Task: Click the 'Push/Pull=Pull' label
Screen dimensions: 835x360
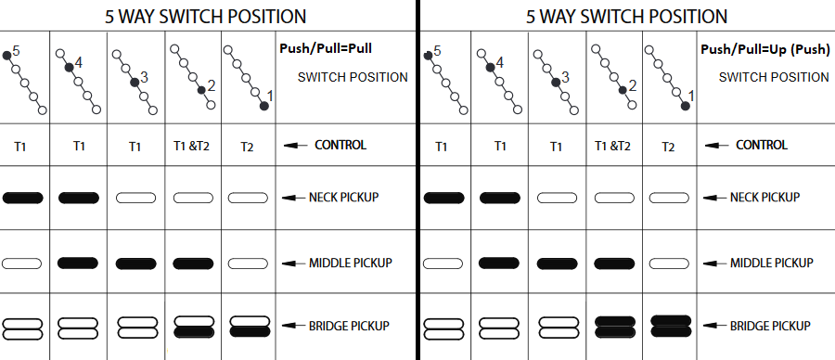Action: [326, 48]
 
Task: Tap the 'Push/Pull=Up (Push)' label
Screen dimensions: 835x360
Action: [765, 49]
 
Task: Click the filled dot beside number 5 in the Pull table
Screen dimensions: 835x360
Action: [6, 56]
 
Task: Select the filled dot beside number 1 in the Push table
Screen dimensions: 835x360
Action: [686, 106]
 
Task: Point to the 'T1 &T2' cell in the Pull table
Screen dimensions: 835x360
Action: [191, 146]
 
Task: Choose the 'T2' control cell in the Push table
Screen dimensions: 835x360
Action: [668, 147]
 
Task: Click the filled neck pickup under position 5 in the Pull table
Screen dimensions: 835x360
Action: [23, 199]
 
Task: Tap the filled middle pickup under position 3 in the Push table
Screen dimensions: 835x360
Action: [557, 264]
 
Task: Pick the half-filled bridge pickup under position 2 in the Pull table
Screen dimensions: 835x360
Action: [195, 327]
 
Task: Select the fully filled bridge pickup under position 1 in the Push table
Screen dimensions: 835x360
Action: [671, 326]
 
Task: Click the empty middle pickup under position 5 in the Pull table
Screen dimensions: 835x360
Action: [22, 264]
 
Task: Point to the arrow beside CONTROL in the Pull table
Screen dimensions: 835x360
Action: [296, 146]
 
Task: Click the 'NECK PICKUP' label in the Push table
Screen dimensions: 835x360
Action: [764, 197]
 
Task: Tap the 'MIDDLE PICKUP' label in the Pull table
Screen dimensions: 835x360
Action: [351, 263]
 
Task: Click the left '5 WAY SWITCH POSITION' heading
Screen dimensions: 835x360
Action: [206, 17]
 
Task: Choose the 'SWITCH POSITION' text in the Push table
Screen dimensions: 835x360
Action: [774, 77]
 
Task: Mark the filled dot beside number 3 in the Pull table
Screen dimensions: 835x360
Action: [135, 82]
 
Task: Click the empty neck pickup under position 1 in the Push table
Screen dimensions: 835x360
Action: [669, 199]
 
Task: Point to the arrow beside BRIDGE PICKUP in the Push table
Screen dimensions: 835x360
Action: [714, 326]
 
